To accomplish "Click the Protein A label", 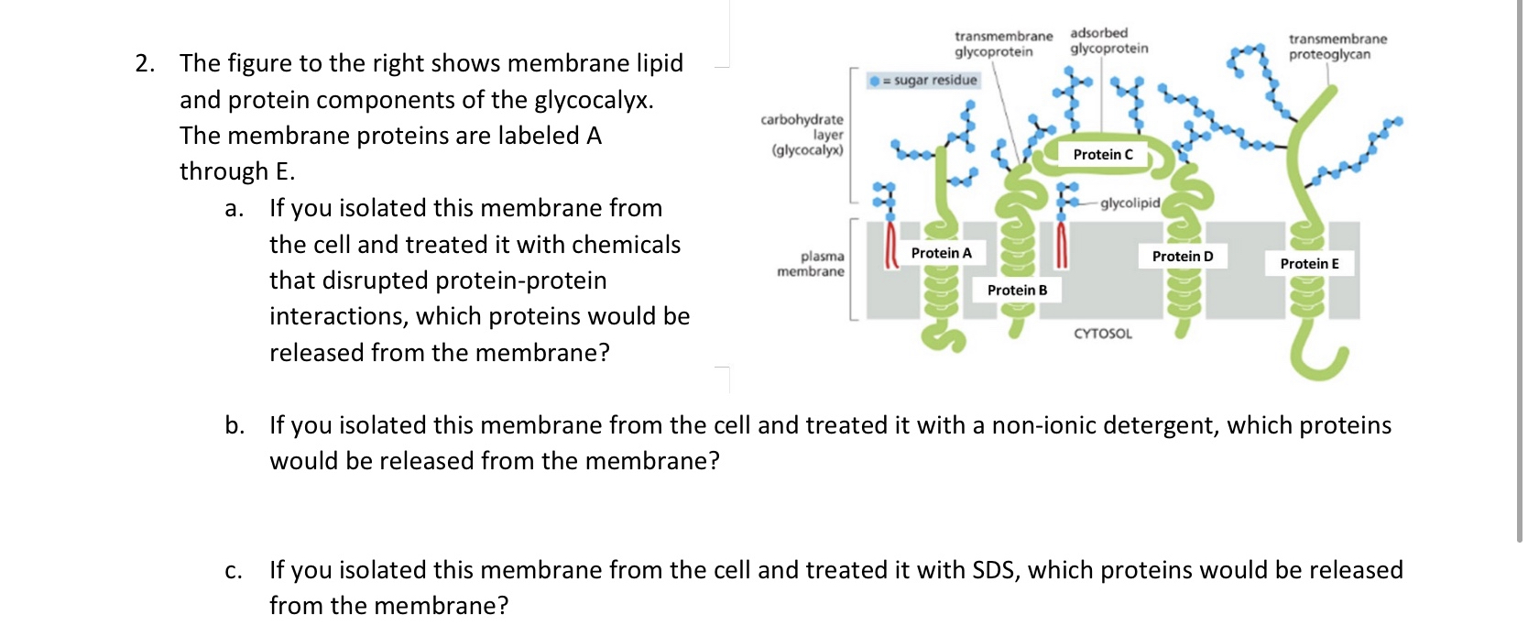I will pyautogui.click(x=941, y=253).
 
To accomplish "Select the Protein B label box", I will pyautogui.click(x=1017, y=291).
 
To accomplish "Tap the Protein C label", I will pyautogui.click(x=1103, y=155).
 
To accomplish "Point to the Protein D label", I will pyautogui.click(x=1182, y=257).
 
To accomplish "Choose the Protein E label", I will pyautogui.click(x=1309, y=264).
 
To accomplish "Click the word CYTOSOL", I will pyautogui.click(x=1102, y=335).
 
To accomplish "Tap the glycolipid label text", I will pyautogui.click(x=1130, y=203).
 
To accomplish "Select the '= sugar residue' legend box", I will pyautogui.click(x=924, y=81).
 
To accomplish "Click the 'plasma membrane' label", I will pyautogui.click(x=811, y=264).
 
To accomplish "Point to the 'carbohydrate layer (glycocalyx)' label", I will pyautogui.click(x=802, y=135).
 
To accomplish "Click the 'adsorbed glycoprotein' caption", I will pyautogui.click(x=1108, y=40).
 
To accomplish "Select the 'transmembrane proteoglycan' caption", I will pyautogui.click(x=1337, y=47).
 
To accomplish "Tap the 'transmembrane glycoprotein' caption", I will pyautogui.click(x=1003, y=44).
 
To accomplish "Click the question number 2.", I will pyautogui.click(x=145, y=63).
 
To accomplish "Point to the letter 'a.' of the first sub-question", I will pyautogui.click(x=235, y=208).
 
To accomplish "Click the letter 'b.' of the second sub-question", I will pyautogui.click(x=235, y=425).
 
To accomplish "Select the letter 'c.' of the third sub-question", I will pyautogui.click(x=234, y=570).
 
